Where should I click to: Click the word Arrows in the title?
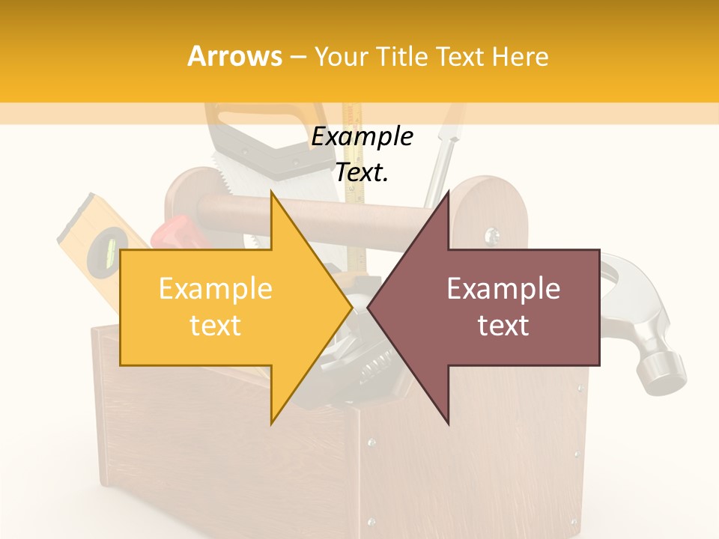[235, 56]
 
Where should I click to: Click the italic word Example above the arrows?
[362, 137]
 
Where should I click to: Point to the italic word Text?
[362, 172]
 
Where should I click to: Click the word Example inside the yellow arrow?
[215, 288]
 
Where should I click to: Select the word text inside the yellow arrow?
[215, 325]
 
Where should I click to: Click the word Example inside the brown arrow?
[503, 288]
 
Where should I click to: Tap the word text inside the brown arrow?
[503, 325]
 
